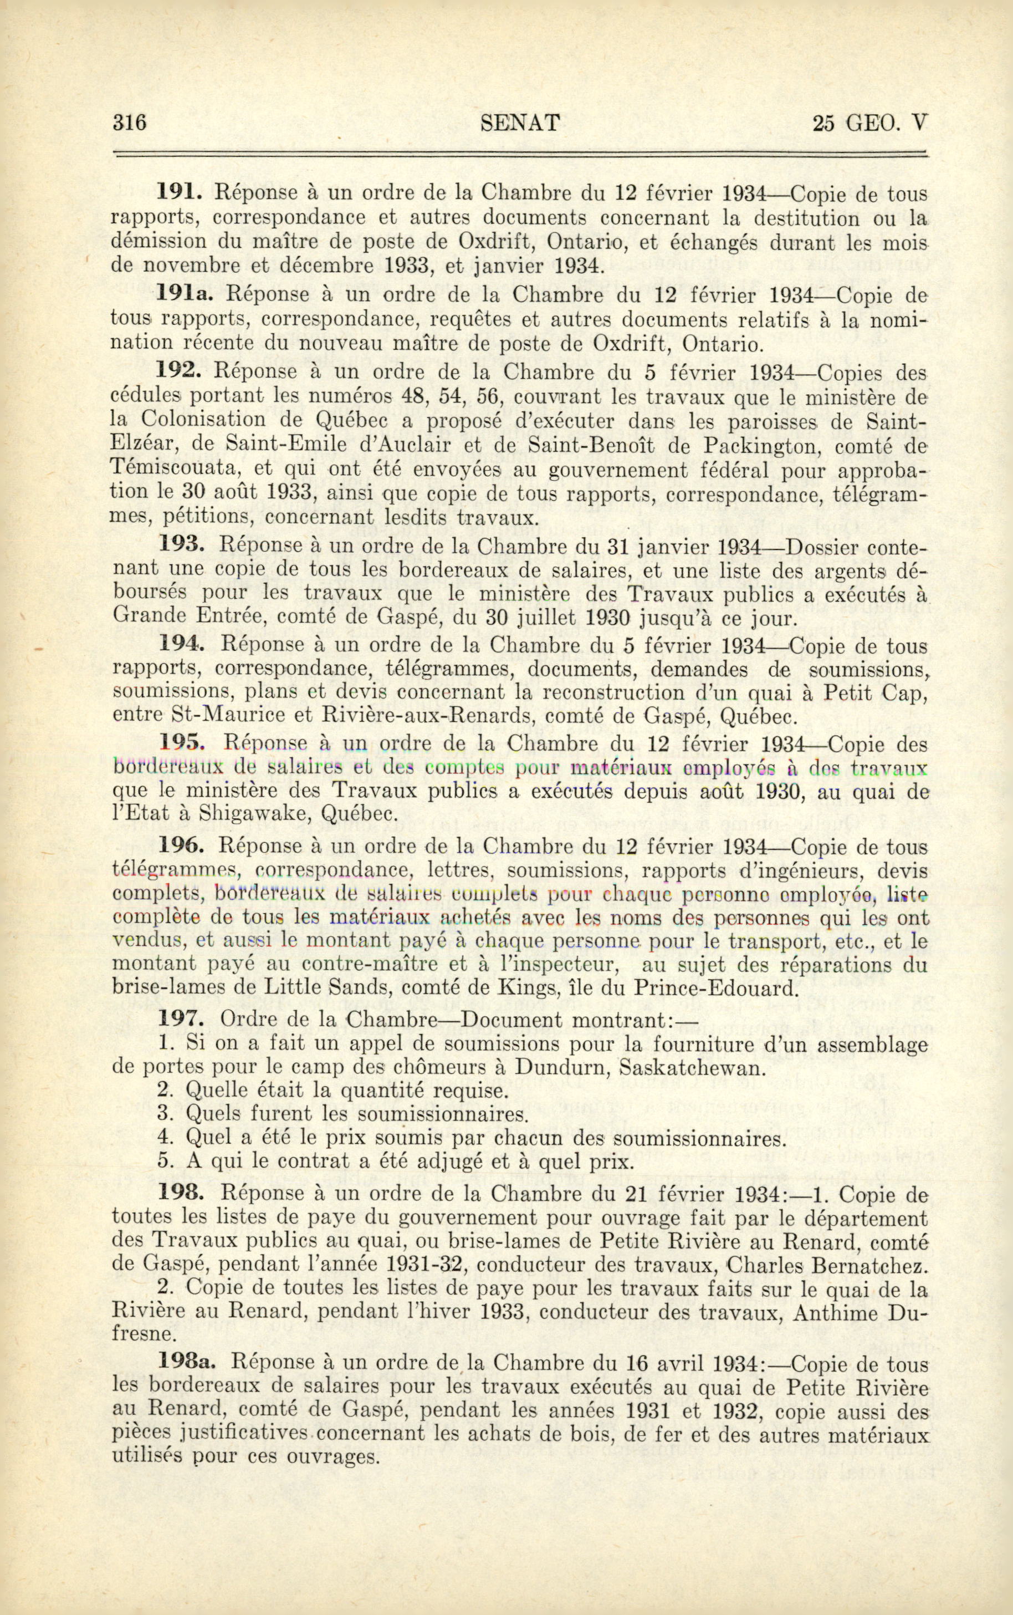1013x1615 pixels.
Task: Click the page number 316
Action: point(130,123)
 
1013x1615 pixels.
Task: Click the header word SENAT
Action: point(520,123)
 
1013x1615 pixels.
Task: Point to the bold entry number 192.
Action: point(179,370)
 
